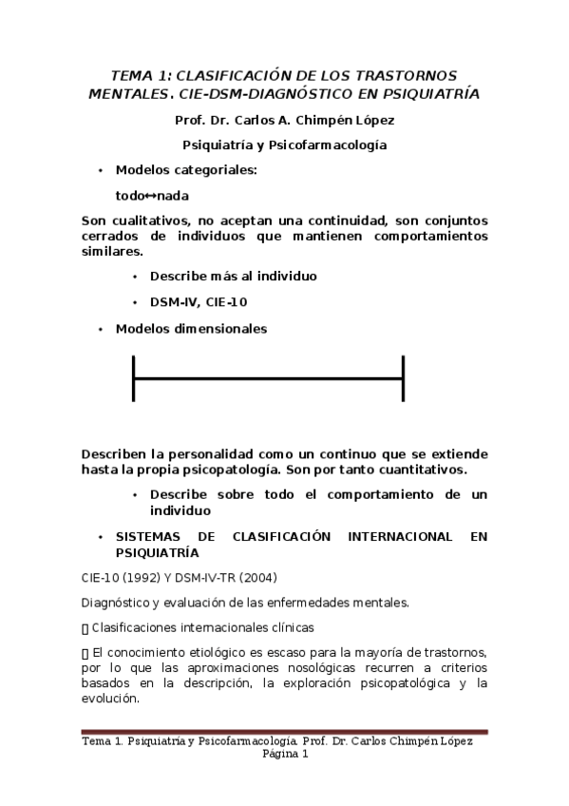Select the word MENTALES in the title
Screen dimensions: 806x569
pyautogui.click(x=123, y=94)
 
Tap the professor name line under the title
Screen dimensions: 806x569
pyautogui.click(x=284, y=121)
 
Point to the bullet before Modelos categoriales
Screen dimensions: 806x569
pyautogui.click(x=100, y=171)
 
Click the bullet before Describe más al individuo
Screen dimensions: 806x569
pyautogui.click(x=135, y=277)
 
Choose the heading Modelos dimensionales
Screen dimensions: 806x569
pyautogui.click(x=191, y=329)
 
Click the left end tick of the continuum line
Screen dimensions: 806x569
pyautogui.click(x=134, y=378)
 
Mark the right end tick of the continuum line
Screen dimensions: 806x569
pyautogui.click(x=404, y=378)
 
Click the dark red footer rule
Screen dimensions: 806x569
pyautogui.click(x=284, y=732)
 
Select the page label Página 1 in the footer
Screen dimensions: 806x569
pyautogui.click(x=285, y=755)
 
